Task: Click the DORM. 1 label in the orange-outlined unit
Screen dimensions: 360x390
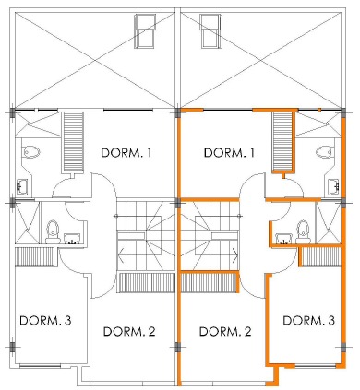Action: tap(229, 153)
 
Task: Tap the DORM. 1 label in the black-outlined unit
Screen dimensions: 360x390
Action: tap(126, 153)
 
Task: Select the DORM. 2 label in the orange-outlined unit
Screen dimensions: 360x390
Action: tap(225, 332)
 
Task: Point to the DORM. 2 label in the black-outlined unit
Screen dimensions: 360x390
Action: tap(129, 332)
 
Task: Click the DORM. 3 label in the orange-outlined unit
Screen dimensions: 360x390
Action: tap(308, 321)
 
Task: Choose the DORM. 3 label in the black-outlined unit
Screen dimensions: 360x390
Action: tap(45, 321)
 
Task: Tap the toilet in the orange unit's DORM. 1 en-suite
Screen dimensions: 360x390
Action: tap(325, 151)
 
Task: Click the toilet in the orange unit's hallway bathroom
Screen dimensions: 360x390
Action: tap(303, 231)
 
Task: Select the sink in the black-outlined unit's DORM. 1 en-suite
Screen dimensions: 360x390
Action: tap(22, 186)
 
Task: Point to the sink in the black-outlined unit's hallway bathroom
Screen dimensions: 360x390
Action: tap(72, 239)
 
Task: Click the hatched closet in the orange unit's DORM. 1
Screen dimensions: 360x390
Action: tap(282, 141)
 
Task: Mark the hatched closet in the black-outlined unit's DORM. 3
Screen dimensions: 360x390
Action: tap(34, 256)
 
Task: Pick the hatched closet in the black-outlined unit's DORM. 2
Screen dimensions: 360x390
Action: tap(146, 282)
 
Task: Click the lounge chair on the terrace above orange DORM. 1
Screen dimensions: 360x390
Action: tap(210, 31)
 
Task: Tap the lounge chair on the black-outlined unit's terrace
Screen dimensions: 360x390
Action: tap(145, 31)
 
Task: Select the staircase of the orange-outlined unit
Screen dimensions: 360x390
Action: tap(210, 236)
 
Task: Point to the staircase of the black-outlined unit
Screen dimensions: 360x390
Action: tap(146, 236)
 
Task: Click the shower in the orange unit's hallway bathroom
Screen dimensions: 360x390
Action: tap(329, 222)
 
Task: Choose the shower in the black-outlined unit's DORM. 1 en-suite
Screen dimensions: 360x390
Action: tap(37, 124)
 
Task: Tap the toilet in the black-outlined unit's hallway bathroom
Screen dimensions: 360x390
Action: tap(53, 231)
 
